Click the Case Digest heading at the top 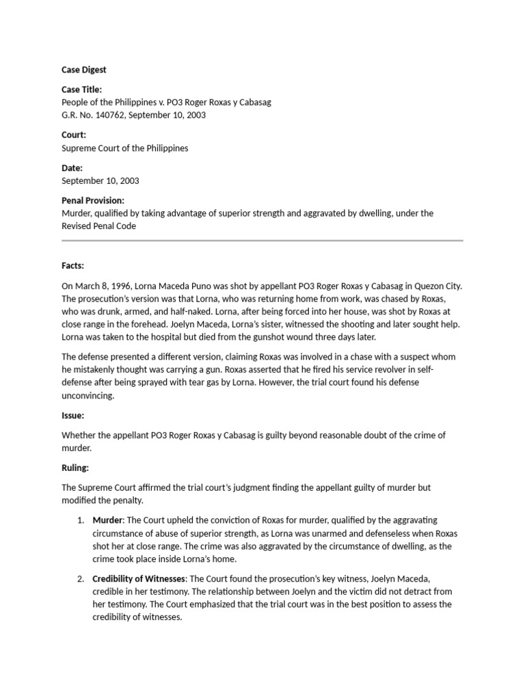point(84,70)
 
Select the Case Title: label point(82,90)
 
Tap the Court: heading point(74,135)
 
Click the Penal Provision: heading point(93,200)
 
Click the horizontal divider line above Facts point(262,241)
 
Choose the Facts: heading point(73,265)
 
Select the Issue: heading point(73,415)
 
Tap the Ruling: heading point(75,468)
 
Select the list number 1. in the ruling point(80,520)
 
